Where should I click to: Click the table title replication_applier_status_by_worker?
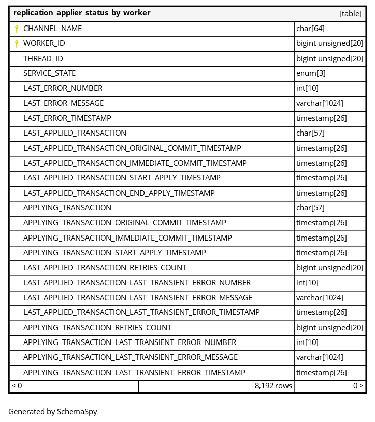pyautogui.click(x=81, y=13)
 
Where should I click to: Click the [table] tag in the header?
pyautogui.click(x=350, y=14)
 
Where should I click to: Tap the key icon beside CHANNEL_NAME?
pyautogui.click(x=17, y=29)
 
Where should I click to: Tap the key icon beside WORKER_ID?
pyautogui.click(x=17, y=44)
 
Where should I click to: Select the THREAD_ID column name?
pyautogui.click(x=43, y=59)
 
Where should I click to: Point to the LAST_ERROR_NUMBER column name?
pyautogui.click(x=63, y=88)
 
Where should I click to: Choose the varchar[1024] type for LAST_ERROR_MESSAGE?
pyautogui.click(x=320, y=103)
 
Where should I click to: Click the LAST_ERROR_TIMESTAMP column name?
pyautogui.click(x=67, y=118)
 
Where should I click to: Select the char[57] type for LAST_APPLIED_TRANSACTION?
pyautogui.click(x=310, y=133)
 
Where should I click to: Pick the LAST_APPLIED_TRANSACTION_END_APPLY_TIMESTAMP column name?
pyautogui.click(x=119, y=193)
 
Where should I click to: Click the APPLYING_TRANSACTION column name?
pyautogui.click(x=67, y=208)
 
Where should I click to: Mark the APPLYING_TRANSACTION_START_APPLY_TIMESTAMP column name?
pyautogui.click(x=114, y=253)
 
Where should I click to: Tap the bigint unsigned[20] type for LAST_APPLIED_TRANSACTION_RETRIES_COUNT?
pyautogui.click(x=330, y=268)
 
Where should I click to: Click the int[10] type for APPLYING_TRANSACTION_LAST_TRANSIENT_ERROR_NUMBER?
pyautogui.click(x=307, y=342)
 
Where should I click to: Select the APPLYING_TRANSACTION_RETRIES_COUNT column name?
pyautogui.click(x=97, y=328)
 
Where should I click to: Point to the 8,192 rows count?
pyautogui.click(x=273, y=386)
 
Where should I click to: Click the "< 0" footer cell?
pyautogui.click(x=17, y=386)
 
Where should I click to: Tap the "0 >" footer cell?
pyautogui.click(x=358, y=386)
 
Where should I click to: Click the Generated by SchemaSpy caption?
pyautogui.click(x=52, y=412)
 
